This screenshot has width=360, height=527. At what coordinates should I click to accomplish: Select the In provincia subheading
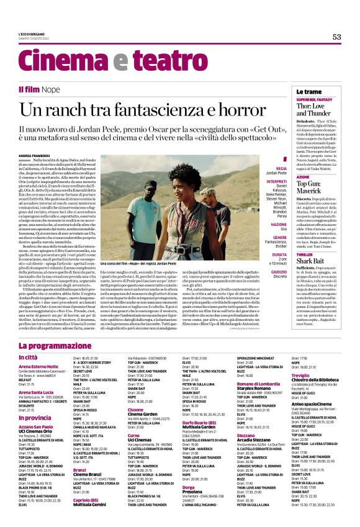click(x=36, y=418)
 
